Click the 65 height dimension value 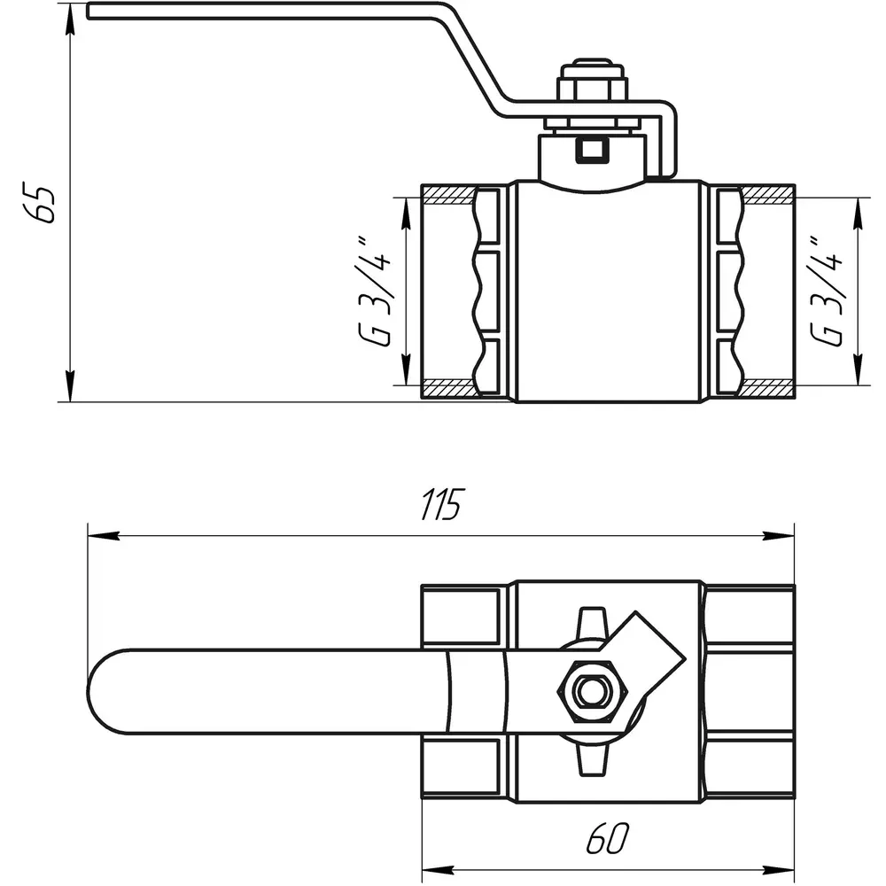click(x=39, y=202)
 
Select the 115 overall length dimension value click(x=442, y=503)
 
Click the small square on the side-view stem click(x=592, y=150)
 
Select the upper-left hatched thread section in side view click(x=449, y=194)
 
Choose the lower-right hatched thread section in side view click(x=767, y=389)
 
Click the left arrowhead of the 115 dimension click(x=104, y=536)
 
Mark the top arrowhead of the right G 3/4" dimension click(x=859, y=214)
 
